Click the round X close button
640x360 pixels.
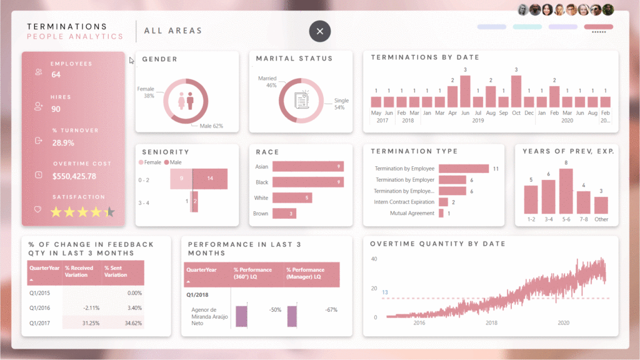tap(320, 31)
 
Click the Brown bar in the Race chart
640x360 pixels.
tap(284, 214)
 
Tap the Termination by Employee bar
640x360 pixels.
tap(464, 169)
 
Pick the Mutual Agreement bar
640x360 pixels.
tap(441, 213)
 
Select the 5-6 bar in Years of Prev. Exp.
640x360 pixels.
tap(566, 191)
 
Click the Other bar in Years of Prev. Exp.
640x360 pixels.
tap(601, 206)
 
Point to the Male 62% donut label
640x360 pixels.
tap(211, 126)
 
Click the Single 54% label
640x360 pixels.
tap(341, 104)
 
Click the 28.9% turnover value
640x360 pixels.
tap(63, 142)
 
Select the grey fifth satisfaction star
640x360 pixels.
tap(110, 212)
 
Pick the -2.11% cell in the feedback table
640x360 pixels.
tap(82, 308)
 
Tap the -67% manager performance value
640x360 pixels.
tap(331, 310)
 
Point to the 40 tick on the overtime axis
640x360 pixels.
tap(374, 259)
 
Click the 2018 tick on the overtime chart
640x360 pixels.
tap(491, 322)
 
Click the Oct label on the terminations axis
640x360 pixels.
tap(516, 113)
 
